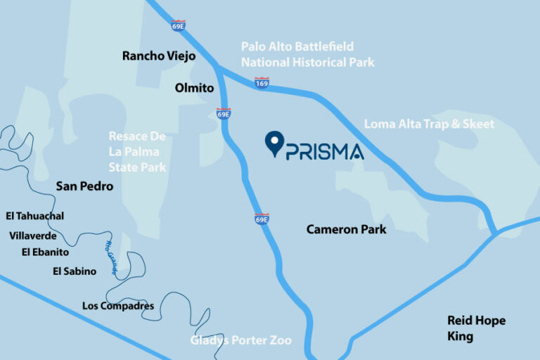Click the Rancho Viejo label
click(158, 56)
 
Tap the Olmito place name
click(194, 87)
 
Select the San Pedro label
click(84, 187)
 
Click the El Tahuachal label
click(34, 215)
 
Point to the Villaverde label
click(34, 236)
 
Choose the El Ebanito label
click(45, 252)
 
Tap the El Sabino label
click(75, 271)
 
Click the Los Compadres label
click(117, 306)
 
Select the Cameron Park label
click(346, 229)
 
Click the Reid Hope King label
click(476, 328)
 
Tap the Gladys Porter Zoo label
click(241, 341)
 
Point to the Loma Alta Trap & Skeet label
click(429, 124)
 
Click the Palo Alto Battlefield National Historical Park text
click(307, 54)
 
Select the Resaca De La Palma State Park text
click(137, 152)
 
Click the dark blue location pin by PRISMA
click(274, 143)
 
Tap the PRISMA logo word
click(325, 151)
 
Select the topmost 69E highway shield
click(178, 25)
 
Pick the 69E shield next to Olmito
click(224, 113)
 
